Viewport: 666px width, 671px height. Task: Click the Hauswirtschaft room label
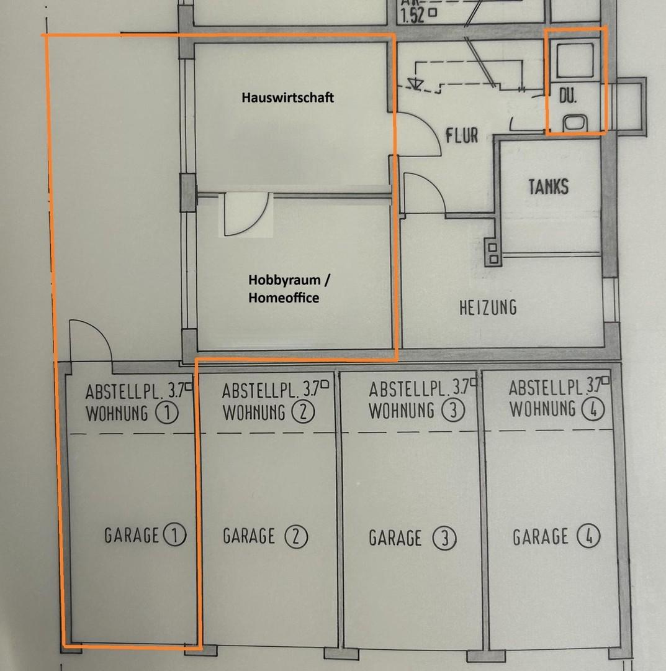click(x=287, y=98)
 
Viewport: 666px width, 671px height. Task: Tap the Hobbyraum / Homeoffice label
click(x=289, y=289)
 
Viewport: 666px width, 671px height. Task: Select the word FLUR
click(x=462, y=135)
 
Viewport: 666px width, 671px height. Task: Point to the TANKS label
click(x=549, y=187)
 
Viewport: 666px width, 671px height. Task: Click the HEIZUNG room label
click(x=488, y=308)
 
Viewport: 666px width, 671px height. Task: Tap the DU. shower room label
click(x=568, y=96)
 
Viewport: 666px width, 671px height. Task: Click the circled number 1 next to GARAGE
click(x=175, y=535)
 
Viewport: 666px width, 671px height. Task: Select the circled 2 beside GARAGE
click(x=296, y=537)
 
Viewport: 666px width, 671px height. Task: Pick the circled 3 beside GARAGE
click(x=444, y=538)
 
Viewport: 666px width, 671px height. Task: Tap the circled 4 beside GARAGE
click(x=588, y=536)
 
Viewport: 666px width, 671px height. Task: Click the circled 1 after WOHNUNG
click(x=167, y=413)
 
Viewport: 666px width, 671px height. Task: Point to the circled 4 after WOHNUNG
click(x=593, y=409)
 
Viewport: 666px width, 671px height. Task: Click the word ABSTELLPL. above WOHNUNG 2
click(x=260, y=391)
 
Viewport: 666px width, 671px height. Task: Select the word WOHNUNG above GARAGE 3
click(x=402, y=411)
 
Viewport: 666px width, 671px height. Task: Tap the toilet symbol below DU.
click(x=575, y=123)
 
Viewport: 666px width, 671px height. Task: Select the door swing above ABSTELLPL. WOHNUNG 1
click(x=91, y=340)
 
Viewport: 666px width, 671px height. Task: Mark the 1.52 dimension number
click(x=413, y=16)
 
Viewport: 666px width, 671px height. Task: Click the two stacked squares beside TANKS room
click(x=493, y=253)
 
